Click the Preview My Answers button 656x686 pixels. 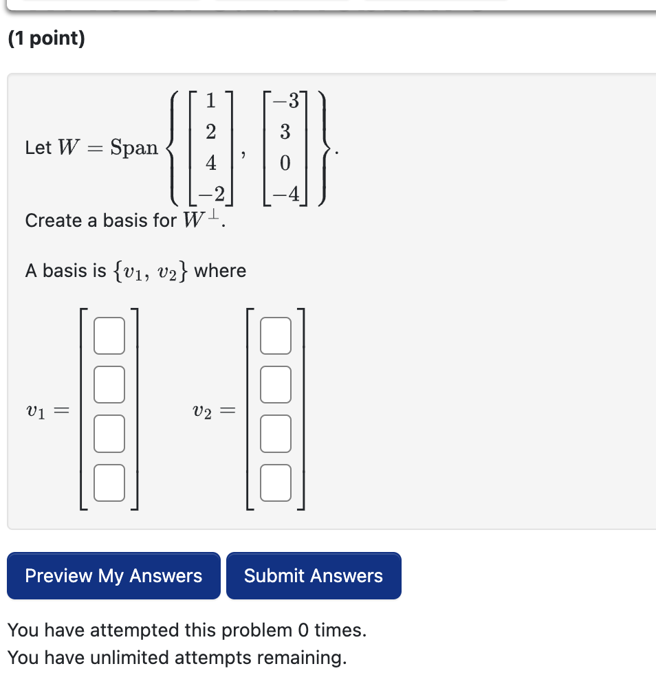(113, 576)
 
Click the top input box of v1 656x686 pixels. (109, 335)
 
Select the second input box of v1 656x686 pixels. (109, 384)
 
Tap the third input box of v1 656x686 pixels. (109, 434)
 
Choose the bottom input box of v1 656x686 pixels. (109, 483)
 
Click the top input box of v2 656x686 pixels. (276, 335)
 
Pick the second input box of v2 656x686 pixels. (276, 384)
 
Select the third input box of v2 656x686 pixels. (276, 434)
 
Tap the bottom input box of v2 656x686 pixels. (276, 483)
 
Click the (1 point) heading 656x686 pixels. (47, 38)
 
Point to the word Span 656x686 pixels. (134, 147)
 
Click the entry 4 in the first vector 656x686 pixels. (211, 163)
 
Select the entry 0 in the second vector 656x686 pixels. (285, 163)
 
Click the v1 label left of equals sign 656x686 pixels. (36, 412)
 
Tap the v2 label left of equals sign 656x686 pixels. (203, 412)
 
